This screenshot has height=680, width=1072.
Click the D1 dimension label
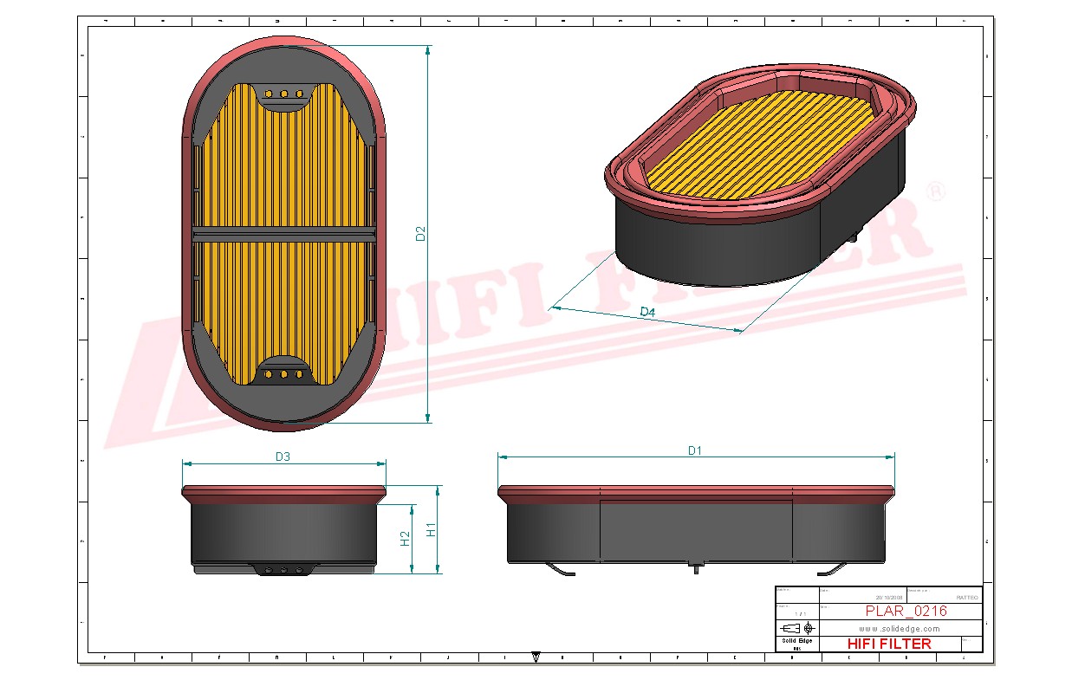point(694,450)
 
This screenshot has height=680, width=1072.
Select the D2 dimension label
point(420,233)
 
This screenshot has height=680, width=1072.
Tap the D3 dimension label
point(283,457)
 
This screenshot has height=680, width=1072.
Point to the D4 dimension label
point(647,311)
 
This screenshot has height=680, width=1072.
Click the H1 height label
point(431,529)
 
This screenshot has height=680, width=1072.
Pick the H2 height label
point(405,539)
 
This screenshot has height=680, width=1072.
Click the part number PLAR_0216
point(906,611)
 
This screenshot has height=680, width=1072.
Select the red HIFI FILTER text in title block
point(888,644)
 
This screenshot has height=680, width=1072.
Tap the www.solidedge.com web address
point(900,628)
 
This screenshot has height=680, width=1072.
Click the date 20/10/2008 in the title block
point(889,597)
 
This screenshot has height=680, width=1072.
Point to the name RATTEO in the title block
point(966,597)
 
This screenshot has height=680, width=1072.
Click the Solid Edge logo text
point(796,640)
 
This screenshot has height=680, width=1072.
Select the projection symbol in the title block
point(797,627)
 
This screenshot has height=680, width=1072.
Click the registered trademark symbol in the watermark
point(935,193)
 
